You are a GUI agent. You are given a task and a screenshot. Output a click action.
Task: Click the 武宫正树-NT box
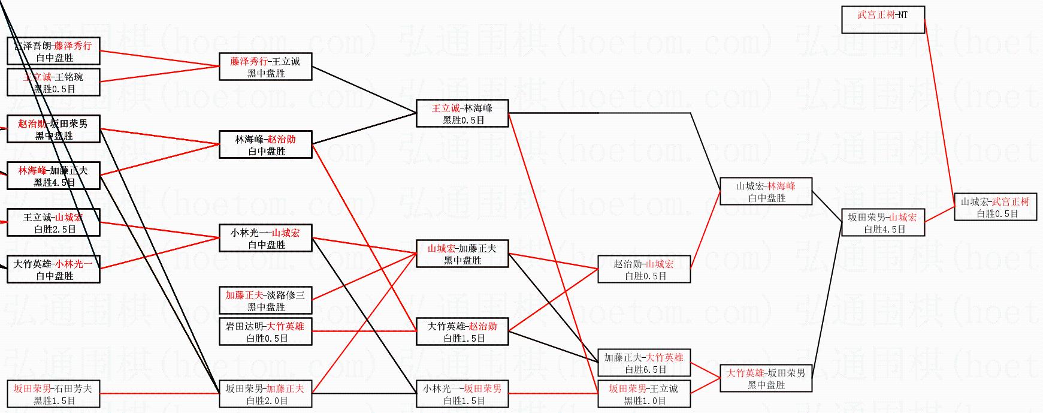882,20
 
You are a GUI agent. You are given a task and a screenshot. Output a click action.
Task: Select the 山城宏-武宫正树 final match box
995,207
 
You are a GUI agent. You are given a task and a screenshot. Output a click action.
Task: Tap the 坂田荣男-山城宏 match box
882,223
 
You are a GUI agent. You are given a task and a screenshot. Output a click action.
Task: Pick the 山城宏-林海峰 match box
766,192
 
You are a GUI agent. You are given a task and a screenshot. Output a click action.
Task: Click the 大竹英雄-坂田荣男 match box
766,379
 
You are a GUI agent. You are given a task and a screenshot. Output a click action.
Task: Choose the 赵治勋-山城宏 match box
643,270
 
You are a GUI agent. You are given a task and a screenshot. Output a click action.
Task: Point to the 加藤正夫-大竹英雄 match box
643,363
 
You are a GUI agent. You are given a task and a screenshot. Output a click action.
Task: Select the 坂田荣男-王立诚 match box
643,394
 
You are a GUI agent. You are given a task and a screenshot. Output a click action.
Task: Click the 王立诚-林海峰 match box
462,114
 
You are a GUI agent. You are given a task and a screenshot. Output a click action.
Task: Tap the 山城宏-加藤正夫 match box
462,254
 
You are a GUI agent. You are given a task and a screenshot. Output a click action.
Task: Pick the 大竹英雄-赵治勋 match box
462,332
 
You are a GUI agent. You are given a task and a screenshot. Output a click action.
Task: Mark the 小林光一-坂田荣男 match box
462,394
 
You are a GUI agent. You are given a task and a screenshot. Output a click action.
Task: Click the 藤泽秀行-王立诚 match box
265,67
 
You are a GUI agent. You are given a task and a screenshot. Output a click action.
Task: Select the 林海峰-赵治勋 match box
265,145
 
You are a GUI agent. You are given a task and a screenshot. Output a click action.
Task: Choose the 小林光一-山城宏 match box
265,239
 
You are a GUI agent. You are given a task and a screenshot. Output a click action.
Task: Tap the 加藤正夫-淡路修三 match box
265,301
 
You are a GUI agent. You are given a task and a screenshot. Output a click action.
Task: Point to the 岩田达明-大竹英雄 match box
265,332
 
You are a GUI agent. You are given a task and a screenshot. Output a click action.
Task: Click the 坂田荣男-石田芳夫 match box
53,394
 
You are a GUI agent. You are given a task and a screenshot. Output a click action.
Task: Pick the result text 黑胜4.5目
55,183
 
